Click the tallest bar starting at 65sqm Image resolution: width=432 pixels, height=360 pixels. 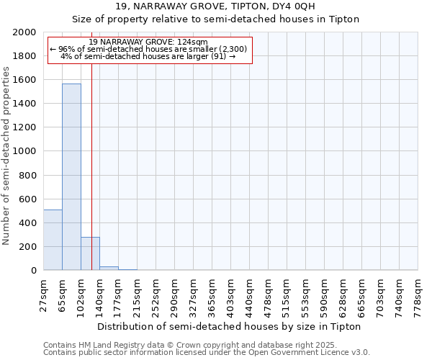pos(71,176)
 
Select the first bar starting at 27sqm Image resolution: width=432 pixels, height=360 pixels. pos(53,240)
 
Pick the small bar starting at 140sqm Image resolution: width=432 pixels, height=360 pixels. pos(109,268)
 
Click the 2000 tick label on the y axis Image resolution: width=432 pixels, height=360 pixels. pos(25,32)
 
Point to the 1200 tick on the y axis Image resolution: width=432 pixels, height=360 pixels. pos(25,127)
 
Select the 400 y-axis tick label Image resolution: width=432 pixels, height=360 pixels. pos(28,222)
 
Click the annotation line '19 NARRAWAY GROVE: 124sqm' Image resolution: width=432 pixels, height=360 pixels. pos(149,42)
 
